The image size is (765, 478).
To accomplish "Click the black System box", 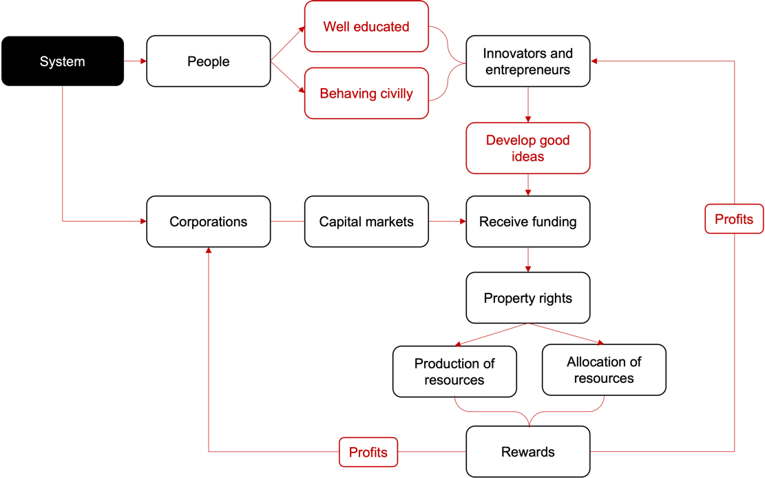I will click(63, 61).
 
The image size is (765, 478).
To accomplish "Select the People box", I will click(208, 61).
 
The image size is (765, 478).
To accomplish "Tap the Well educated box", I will click(366, 27).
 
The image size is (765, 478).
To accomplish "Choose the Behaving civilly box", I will click(366, 93).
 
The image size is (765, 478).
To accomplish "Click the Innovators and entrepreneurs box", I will click(527, 61).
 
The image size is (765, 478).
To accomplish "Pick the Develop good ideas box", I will click(527, 148).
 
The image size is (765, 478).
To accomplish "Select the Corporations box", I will click(208, 222).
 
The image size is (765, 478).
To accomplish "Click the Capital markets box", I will click(366, 222).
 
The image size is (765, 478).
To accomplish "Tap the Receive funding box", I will click(527, 222).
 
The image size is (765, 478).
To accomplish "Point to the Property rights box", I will click(527, 298).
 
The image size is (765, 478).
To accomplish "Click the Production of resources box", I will click(454, 371).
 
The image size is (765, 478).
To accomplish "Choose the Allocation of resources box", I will click(604, 370).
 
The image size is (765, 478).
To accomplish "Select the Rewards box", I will click(527, 452).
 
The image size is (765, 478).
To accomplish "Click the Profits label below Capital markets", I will click(368, 453).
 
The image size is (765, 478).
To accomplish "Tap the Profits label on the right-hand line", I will click(734, 219).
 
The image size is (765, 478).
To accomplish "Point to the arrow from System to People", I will click(136, 61).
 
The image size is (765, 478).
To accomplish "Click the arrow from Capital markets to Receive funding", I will click(447, 222).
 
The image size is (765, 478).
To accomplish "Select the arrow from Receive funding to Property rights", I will click(528, 260).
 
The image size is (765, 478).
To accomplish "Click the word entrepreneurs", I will click(527, 70).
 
